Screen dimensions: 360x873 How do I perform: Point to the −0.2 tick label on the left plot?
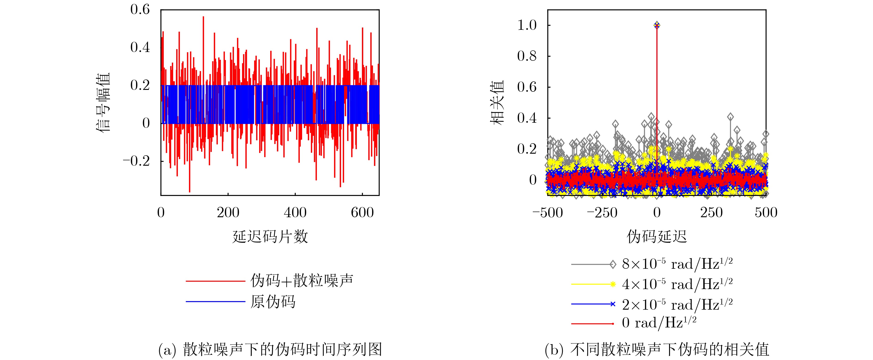136,161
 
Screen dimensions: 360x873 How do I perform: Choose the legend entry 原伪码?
273,301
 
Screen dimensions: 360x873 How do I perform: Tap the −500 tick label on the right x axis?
547,213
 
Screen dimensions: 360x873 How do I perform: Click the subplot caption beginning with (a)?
270,349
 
